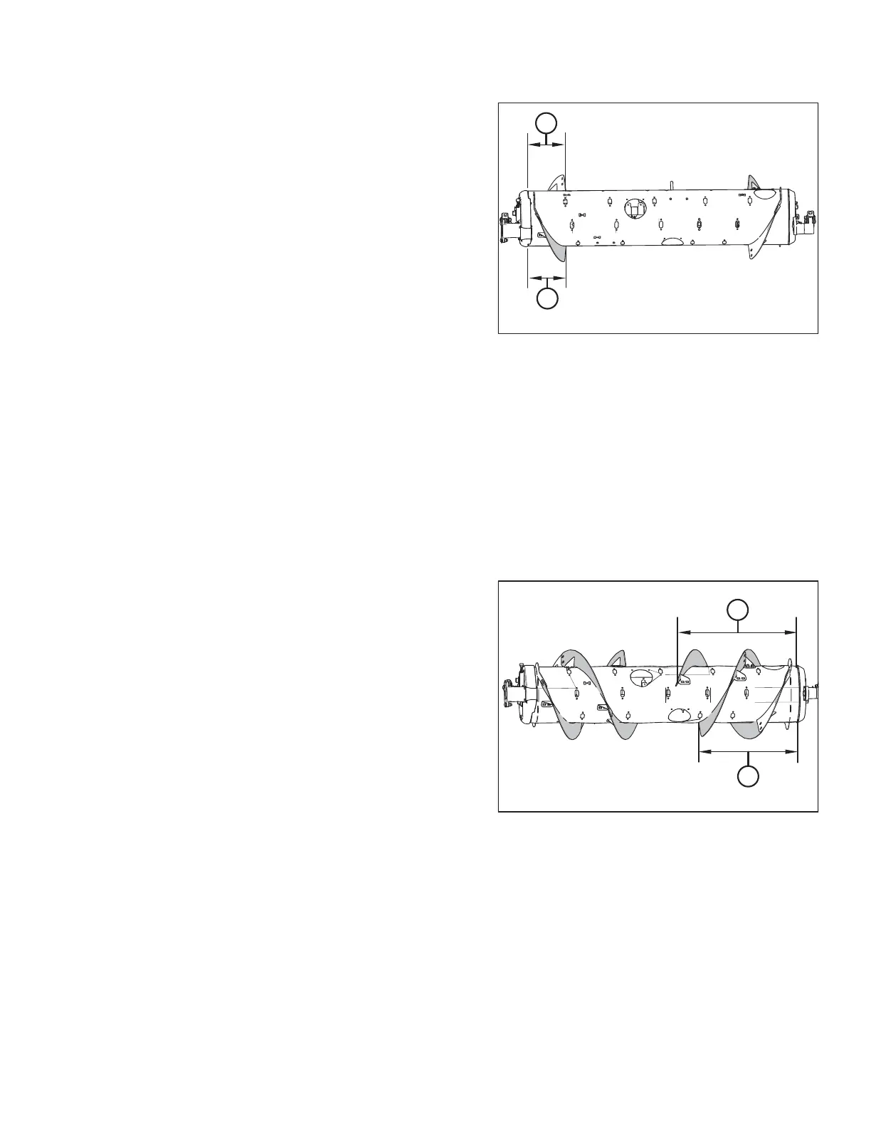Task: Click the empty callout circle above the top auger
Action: [546, 122]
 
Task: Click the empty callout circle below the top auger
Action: [546, 300]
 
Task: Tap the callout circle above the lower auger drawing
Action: [738, 610]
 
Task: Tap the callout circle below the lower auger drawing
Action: [747, 776]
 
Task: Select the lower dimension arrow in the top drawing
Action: [546, 277]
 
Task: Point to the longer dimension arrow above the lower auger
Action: [737, 631]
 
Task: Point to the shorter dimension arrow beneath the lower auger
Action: [747, 751]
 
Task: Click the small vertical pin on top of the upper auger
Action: [671, 184]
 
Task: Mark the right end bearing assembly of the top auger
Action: [806, 226]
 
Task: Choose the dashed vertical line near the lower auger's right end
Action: [790, 701]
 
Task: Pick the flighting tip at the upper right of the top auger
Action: [753, 180]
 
